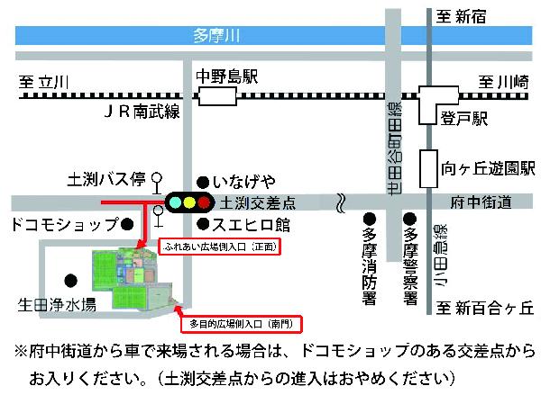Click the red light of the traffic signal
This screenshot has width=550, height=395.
pyautogui.click(x=204, y=202)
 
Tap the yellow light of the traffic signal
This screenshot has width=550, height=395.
pyautogui.click(x=188, y=202)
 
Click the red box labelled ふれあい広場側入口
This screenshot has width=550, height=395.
pyautogui.click(x=220, y=245)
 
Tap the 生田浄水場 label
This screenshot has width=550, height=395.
pyautogui.click(x=56, y=305)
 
